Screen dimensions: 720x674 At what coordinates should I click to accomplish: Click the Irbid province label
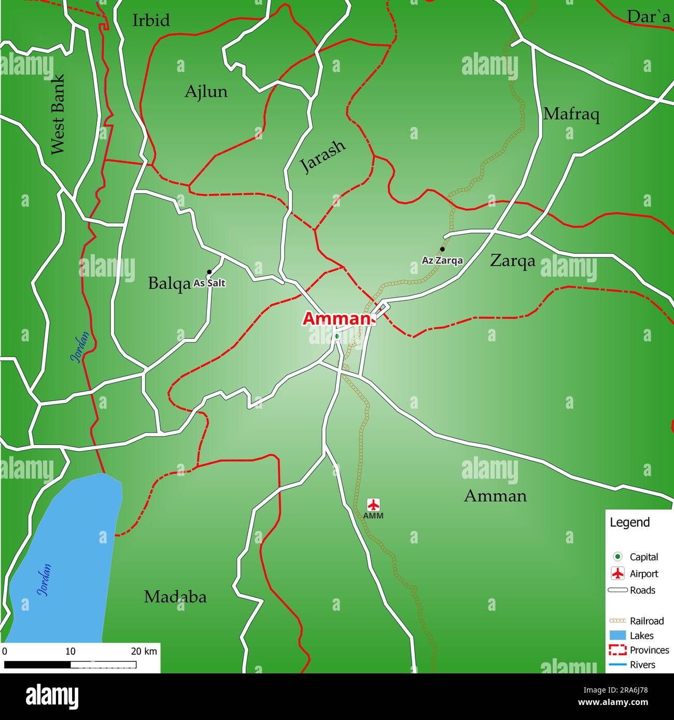151,20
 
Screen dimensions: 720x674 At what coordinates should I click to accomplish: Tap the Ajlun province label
206,92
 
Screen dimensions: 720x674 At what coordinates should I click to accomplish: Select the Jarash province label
322,156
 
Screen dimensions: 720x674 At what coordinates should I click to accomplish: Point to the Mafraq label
571,114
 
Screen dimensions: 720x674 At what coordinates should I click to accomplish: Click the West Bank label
58,114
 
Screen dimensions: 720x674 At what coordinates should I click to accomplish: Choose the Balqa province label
169,283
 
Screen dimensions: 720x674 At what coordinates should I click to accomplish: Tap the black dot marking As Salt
209,272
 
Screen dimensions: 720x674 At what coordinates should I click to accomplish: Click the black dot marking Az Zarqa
442,249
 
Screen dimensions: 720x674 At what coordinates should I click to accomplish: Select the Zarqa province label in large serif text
512,261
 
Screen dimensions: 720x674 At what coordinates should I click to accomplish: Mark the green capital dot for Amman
336,336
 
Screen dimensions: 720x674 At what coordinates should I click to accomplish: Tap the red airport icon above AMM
373,504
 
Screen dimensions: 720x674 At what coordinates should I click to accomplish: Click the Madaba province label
175,597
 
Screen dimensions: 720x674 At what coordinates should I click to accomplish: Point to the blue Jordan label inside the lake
45,580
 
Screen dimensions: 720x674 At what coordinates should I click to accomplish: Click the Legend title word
629,523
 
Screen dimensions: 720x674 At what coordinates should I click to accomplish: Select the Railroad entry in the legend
646,621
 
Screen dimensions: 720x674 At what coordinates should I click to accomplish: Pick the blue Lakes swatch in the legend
617,636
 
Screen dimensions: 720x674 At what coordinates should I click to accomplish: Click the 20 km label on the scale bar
144,651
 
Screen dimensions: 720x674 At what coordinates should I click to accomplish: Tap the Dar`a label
648,17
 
